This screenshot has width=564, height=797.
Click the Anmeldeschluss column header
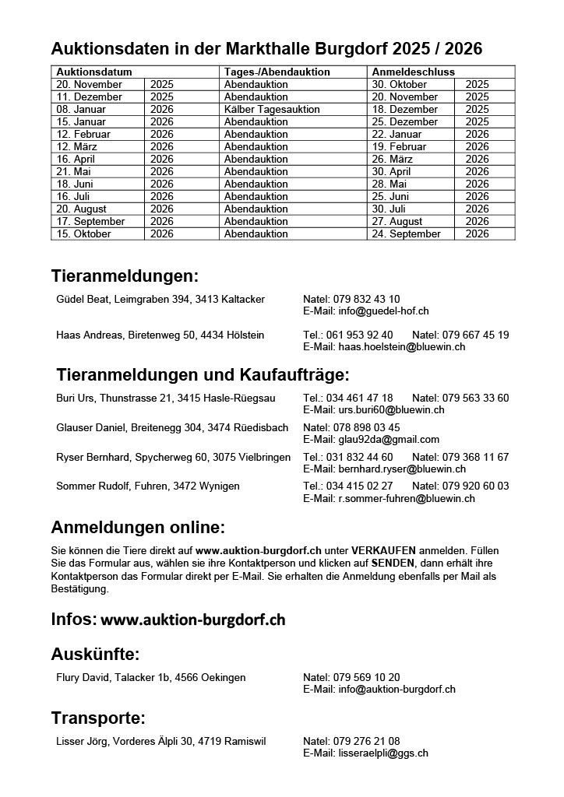pyautogui.click(x=407, y=72)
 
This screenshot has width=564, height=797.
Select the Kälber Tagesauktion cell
pyautogui.click(x=272, y=109)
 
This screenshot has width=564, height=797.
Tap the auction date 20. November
pyautogui.click(x=89, y=84)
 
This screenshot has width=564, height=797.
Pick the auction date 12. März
pyautogui.click(x=78, y=146)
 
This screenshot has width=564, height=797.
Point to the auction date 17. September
pyautogui.click(x=90, y=221)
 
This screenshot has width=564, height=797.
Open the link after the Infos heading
pyautogui.click(x=193, y=620)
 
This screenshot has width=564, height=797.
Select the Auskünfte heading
pyautogui.click(x=95, y=654)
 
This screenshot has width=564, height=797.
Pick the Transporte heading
pyautogui.click(x=98, y=718)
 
